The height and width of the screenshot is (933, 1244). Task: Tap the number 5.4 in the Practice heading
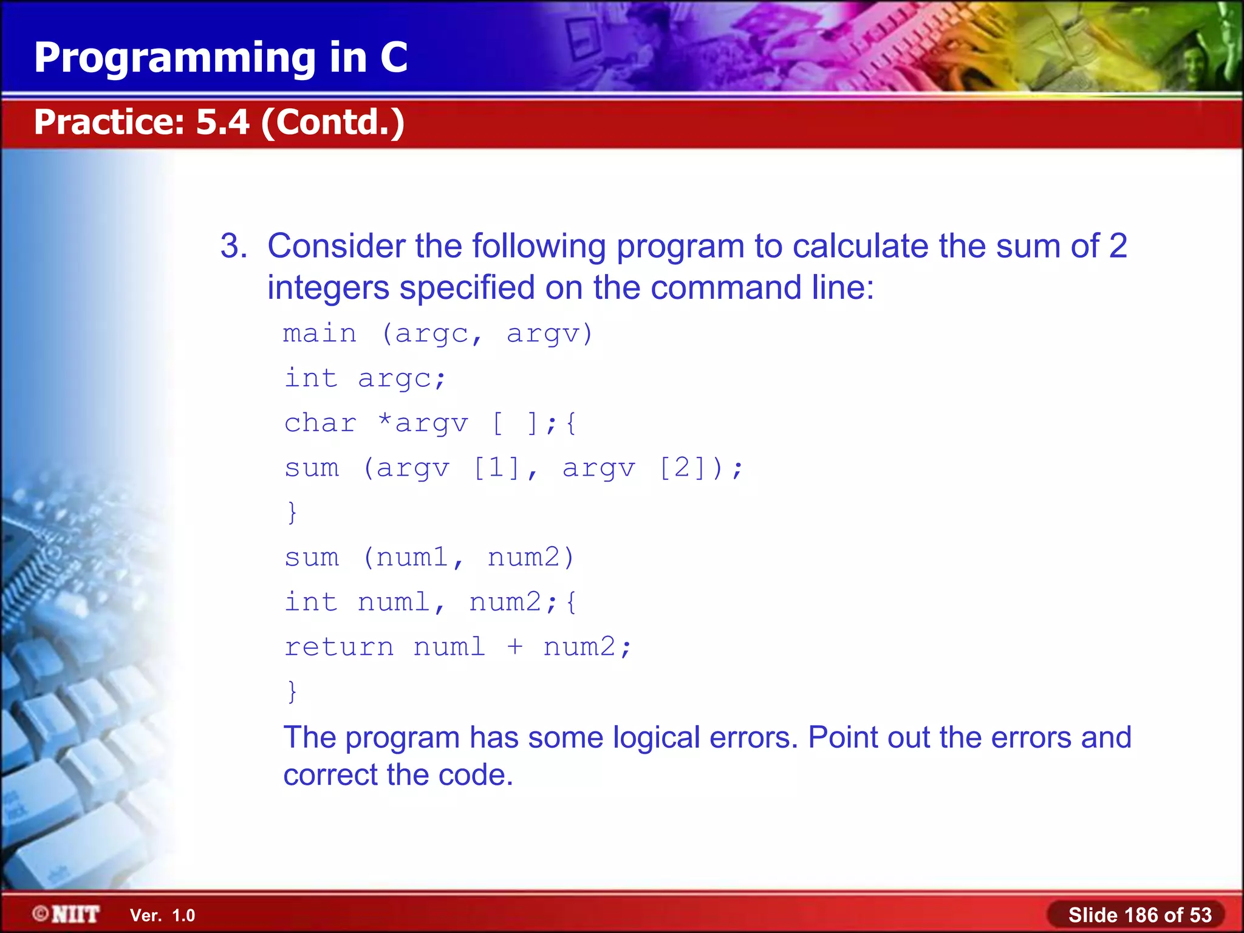pos(222,122)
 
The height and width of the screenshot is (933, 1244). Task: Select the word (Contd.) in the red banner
pos(333,122)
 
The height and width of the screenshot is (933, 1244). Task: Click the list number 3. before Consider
pos(233,247)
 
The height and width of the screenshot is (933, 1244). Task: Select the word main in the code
pos(320,334)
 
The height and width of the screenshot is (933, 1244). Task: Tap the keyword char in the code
pos(320,423)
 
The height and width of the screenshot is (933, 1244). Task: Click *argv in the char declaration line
pos(423,423)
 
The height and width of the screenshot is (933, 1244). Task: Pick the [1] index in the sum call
pos(497,468)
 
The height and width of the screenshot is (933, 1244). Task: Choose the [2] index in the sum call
pos(682,468)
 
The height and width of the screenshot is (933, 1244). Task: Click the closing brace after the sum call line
pos(292,513)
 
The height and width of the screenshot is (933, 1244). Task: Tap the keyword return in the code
pos(339,647)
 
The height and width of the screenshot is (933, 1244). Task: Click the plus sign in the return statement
pos(514,647)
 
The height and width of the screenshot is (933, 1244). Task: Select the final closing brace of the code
pos(292,691)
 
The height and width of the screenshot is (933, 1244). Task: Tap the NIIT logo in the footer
pos(67,914)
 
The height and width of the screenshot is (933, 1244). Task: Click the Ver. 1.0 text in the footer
pos(162,915)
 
